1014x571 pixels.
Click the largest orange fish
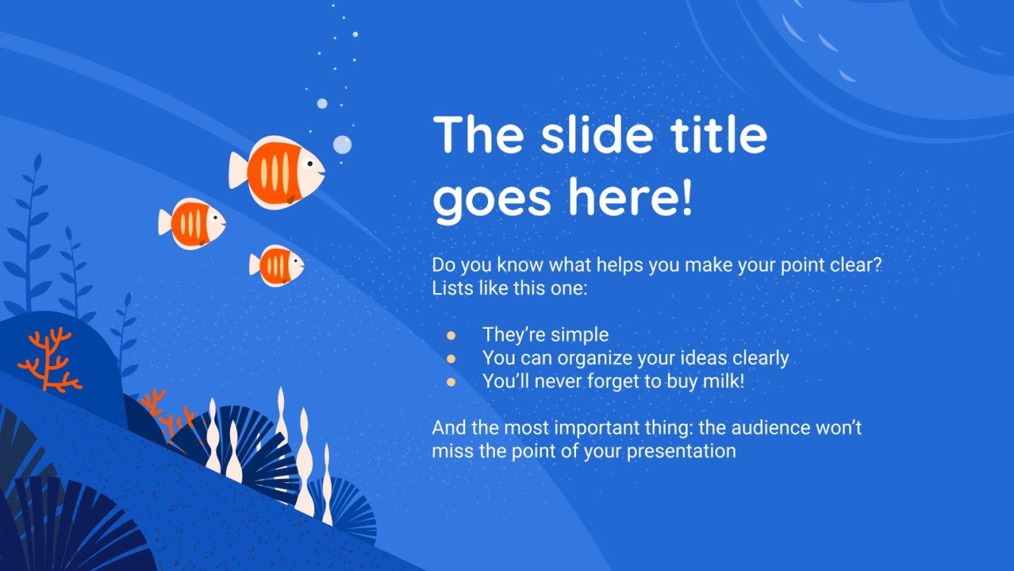click(279, 172)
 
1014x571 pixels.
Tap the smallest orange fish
click(278, 265)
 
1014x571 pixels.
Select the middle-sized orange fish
click(194, 223)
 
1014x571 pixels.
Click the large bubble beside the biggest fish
click(342, 144)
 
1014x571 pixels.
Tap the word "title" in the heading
click(717, 135)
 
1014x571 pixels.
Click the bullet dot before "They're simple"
click(451, 335)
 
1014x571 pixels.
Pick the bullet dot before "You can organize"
click(451, 358)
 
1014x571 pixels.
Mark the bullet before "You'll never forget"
click(451, 382)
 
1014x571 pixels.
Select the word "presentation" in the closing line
click(686, 451)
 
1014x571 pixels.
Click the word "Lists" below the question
click(450, 289)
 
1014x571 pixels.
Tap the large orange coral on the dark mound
click(50, 360)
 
